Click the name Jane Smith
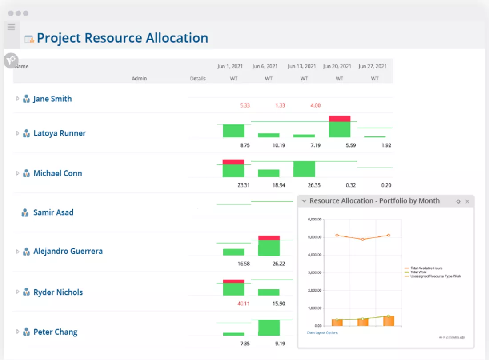pos(52,99)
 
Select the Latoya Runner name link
pos(60,133)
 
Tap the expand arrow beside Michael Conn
pos(18,173)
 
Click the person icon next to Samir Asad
pos(25,213)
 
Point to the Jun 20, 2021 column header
pos(337,66)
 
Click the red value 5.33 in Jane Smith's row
pos(244,106)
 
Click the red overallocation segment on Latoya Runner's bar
pos(340,119)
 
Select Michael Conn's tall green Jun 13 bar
pos(304,169)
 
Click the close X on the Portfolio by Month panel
pos(467,201)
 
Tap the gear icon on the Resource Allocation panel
pos(458,201)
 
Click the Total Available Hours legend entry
pos(426,268)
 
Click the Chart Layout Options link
pos(322,332)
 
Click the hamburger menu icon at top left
pos(12,27)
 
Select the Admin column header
pos(139,79)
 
